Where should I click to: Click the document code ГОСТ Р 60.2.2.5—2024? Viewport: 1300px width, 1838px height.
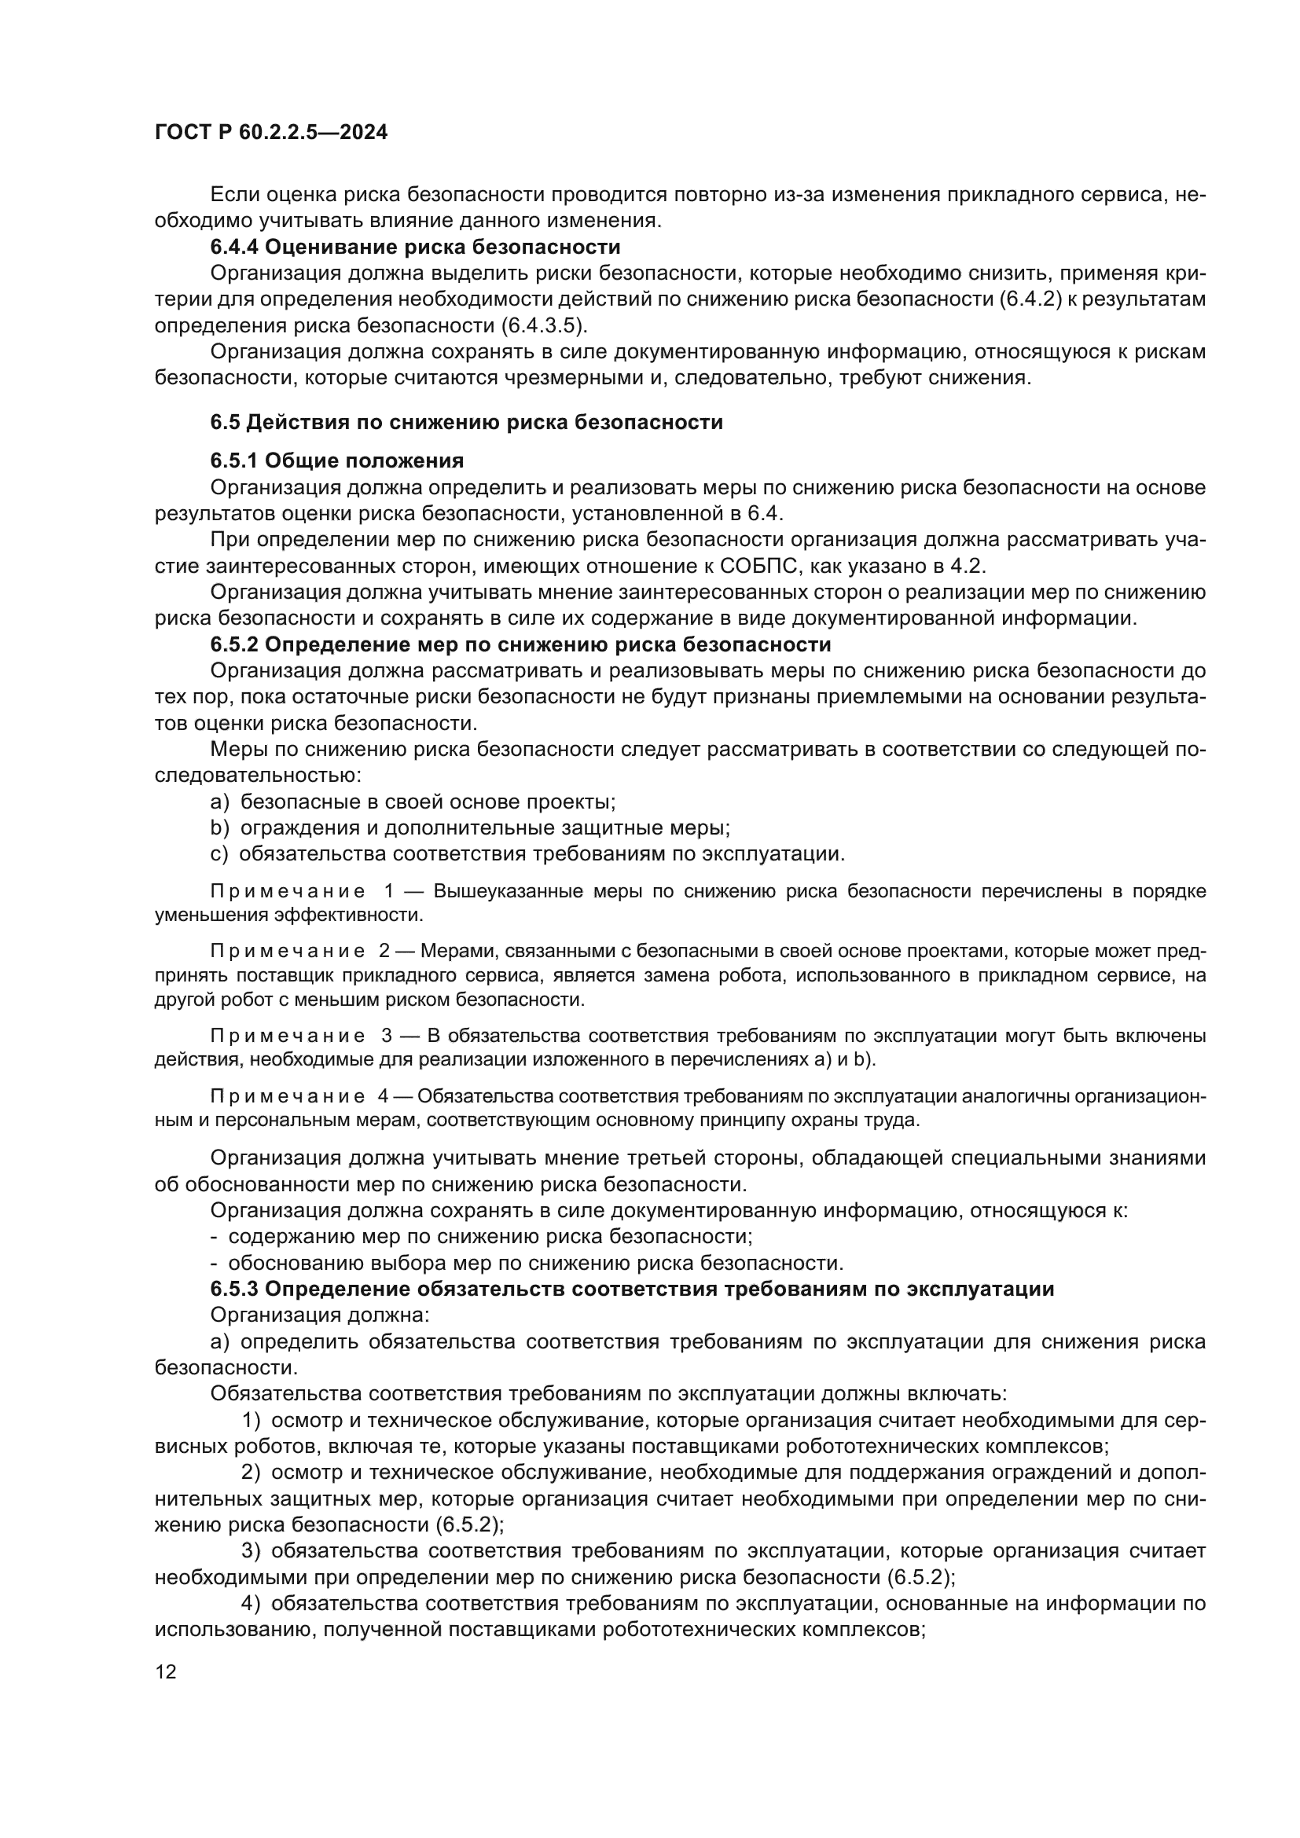270,133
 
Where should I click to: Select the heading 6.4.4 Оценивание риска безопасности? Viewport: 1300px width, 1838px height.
416,247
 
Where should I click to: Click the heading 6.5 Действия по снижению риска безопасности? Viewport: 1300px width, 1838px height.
467,422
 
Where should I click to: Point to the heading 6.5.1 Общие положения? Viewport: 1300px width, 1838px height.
337,460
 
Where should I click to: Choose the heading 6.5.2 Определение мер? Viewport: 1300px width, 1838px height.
520,644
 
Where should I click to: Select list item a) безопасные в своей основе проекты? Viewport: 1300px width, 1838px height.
413,802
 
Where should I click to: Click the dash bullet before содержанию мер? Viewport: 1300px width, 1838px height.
215,1237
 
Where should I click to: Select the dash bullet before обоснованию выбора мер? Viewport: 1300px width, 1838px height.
215,1264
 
